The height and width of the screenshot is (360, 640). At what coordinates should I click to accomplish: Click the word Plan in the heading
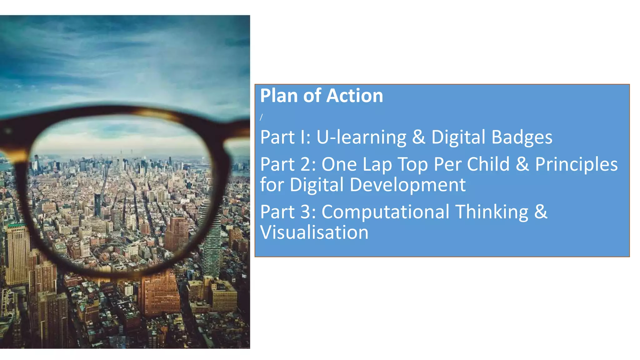tap(279, 96)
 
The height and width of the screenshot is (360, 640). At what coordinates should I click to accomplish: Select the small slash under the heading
tap(261, 117)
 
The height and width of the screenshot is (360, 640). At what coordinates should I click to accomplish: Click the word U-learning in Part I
tap(361, 137)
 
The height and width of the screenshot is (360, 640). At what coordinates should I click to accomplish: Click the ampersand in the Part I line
tap(419, 137)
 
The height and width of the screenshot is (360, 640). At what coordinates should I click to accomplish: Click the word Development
tap(407, 185)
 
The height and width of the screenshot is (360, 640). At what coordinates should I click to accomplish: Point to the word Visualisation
tap(314, 232)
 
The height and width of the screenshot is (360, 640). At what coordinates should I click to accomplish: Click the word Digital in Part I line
tap(458, 137)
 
